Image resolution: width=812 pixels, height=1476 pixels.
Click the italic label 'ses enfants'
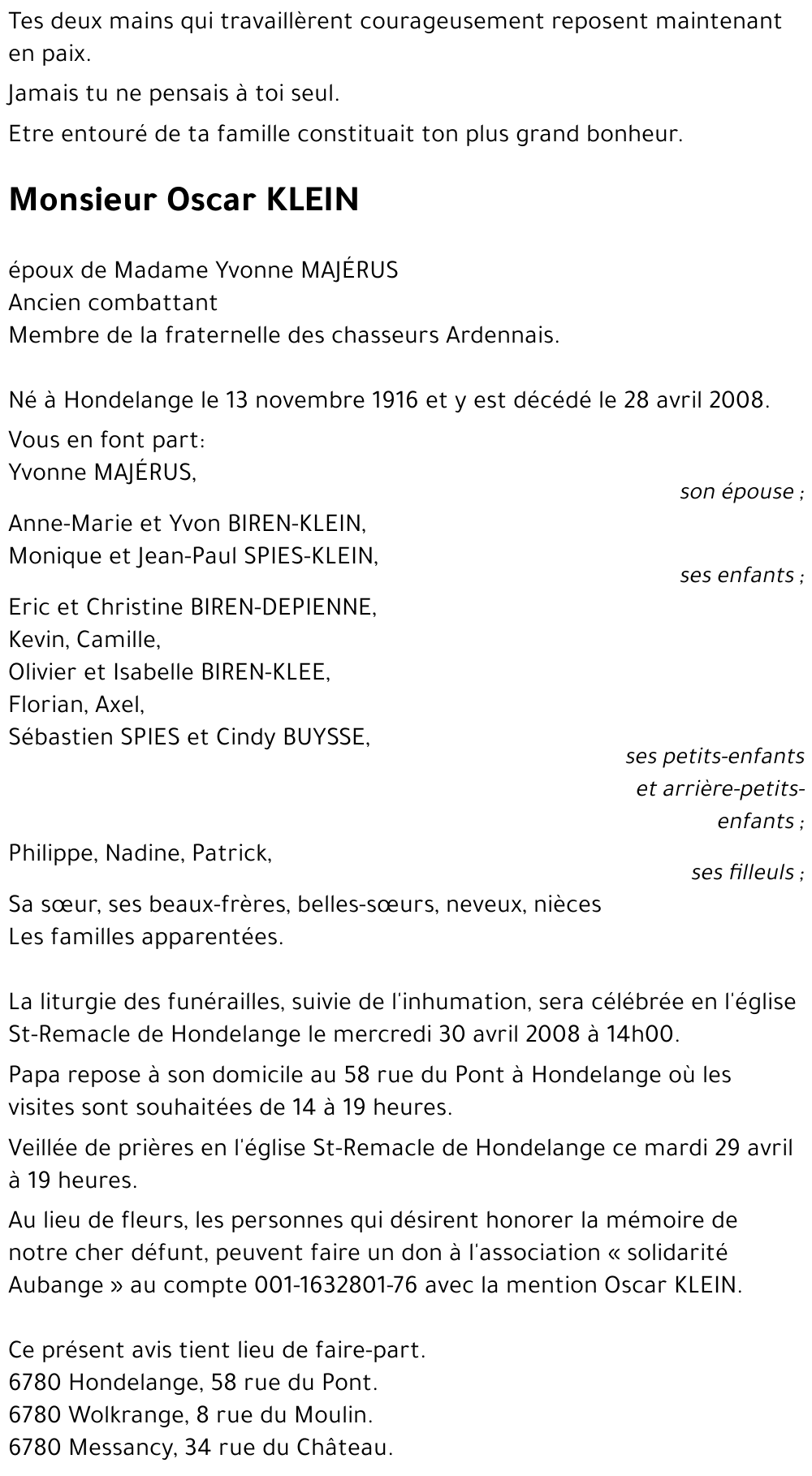(737, 576)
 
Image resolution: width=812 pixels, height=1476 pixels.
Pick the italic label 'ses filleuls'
(743, 873)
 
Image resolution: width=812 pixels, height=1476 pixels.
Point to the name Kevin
(37, 639)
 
